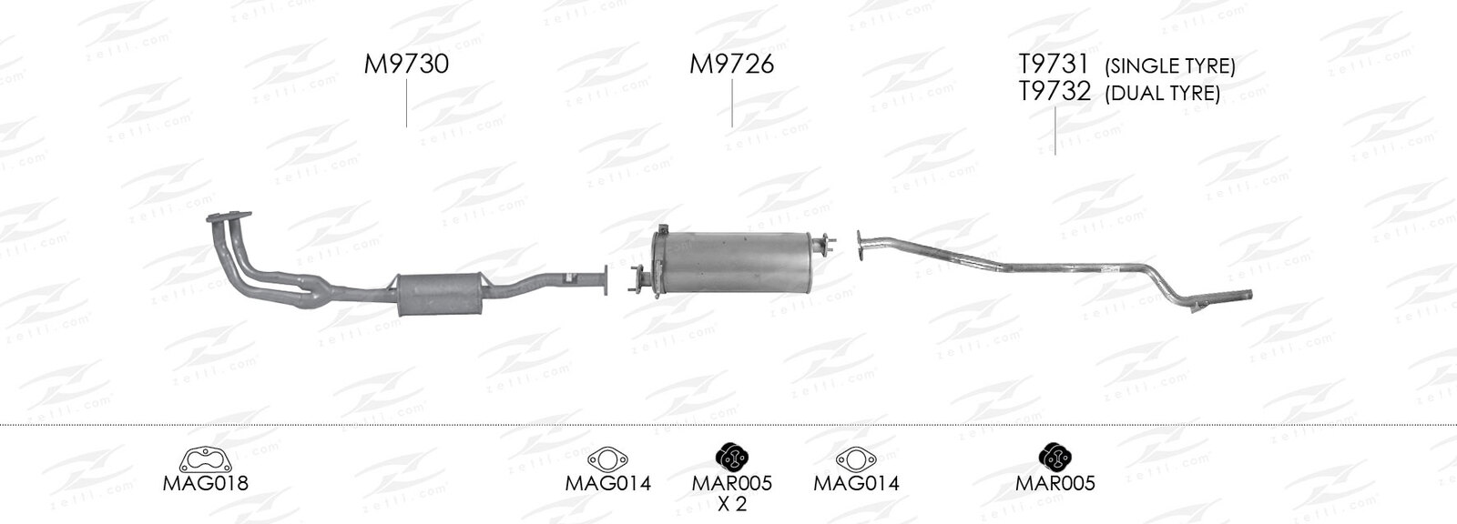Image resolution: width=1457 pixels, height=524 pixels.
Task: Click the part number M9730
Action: (x=406, y=65)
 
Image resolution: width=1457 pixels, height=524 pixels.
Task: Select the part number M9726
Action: (x=732, y=65)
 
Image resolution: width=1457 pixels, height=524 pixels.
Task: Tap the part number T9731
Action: (x=1054, y=65)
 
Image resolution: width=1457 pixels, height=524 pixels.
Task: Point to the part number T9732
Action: (x=1055, y=92)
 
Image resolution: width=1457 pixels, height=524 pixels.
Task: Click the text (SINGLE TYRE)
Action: (x=1169, y=66)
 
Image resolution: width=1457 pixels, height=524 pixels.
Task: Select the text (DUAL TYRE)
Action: (x=1162, y=94)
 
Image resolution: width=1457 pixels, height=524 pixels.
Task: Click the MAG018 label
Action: (x=205, y=484)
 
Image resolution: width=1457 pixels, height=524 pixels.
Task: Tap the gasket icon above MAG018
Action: (x=206, y=459)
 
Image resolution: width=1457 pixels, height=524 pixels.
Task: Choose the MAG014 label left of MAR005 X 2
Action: (x=607, y=484)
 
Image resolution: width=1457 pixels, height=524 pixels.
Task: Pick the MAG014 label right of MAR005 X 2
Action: (x=856, y=484)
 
